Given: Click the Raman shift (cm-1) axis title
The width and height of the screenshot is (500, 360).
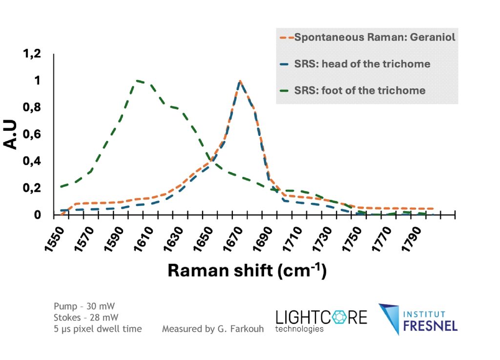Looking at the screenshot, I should click(247, 271).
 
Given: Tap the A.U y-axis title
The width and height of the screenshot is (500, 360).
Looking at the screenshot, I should click(11, 135).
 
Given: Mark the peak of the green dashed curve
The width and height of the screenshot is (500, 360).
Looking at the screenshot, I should click(138, 80).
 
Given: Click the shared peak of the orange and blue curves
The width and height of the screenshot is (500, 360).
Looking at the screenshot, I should click(240, 81).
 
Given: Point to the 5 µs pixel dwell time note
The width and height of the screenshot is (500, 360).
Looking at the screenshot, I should click(98, 329).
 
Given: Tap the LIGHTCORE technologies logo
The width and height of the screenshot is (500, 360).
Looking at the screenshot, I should click(321, 320).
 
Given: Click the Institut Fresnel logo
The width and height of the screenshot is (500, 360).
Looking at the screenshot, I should click(417, 320).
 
